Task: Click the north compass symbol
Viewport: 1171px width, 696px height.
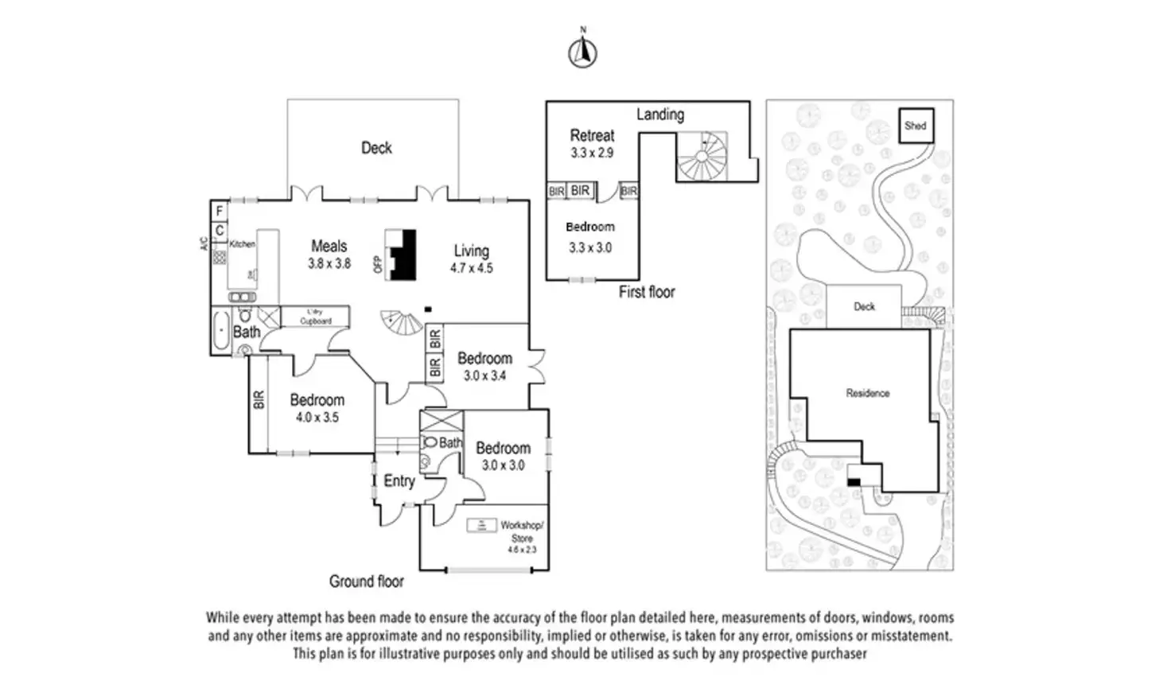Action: [583, 52]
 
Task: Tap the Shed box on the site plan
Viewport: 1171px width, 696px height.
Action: [916, 126]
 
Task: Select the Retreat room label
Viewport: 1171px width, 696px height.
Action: [592, 136]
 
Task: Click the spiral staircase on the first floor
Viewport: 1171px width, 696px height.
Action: [702, 157]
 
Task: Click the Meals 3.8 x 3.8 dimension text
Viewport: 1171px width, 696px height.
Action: [329, 263]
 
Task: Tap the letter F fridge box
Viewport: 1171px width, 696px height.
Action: [220, 212]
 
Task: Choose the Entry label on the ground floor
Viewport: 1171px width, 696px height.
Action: [399, 481]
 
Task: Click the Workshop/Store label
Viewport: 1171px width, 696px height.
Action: [522, 531]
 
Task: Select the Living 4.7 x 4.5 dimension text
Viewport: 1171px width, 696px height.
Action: [472, 269]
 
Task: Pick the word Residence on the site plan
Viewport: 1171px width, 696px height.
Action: [868, 393]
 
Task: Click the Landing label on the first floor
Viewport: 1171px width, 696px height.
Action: [660, 115]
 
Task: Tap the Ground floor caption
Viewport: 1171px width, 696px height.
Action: [367, 581]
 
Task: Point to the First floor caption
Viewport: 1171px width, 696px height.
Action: [647, 292]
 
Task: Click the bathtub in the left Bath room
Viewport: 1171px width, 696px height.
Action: [220, 331]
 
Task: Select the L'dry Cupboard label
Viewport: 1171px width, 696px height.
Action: [316, 317]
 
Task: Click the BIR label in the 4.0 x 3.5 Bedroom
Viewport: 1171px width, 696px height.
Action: [259, 399]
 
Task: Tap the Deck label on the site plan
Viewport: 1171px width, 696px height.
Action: [865, 306]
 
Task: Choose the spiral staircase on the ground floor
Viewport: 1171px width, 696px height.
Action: [403, 322]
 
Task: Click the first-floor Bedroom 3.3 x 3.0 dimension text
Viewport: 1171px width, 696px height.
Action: [590, 247]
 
